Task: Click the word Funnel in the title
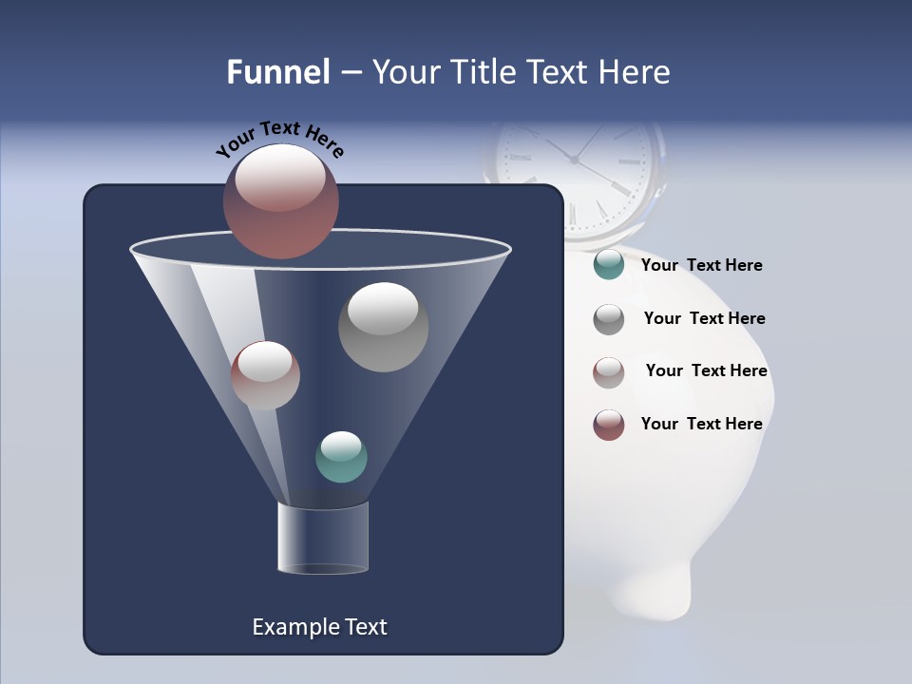pos(277,72)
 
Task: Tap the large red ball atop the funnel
pos(281,200)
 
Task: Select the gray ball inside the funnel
pos(383,327)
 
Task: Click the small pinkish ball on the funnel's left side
pos(265,374)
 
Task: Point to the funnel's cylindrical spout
pos(323,538)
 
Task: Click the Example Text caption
pos(319,627)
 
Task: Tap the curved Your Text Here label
pos(280,139)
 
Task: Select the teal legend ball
pos(609,265)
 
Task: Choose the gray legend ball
pos(609,318)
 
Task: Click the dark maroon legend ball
pos(609,425)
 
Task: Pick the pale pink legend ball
pos(609,371)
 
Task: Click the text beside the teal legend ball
pos(701,266)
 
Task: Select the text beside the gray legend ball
pos(704,319)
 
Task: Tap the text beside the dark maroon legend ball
pos(701,425)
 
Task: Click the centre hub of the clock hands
pos(574,161)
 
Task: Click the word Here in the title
pos(636,72)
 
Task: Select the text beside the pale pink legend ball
pos(706,371)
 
